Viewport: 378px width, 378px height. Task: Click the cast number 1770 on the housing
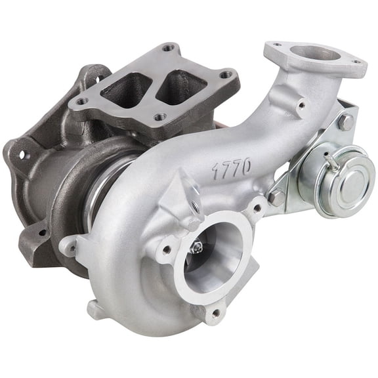(x=231, y=167)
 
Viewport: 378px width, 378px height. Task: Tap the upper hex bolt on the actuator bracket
(x=344, y=122)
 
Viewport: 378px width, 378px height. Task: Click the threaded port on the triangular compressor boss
(x=194, y=205)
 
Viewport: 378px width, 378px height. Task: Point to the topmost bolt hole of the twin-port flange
(x=169, y=48)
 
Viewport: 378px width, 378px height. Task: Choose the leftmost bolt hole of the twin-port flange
(x=83, y=102)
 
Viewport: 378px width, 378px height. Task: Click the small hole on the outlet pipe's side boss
(x=301, y=104)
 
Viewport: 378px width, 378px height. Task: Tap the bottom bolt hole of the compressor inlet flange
(x=214, y=313)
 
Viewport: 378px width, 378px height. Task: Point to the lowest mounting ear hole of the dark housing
(x=41, y=232)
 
